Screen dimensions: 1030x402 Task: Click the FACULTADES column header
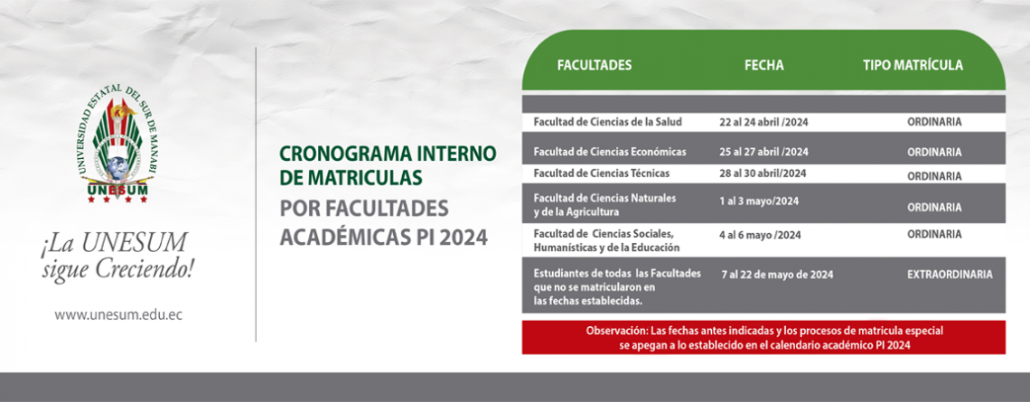pos(595,65)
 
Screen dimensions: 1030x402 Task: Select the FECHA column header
pos(764,65)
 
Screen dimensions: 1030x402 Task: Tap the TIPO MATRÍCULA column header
pos(913,65)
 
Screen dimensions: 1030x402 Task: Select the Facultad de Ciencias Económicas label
pos(610,152)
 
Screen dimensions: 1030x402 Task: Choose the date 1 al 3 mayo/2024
pos(759,201)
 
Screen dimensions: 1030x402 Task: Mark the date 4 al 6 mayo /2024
pos(761,235)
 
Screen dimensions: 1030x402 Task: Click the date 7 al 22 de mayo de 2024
pos(777,276)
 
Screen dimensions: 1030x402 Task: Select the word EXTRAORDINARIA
pos(950,276)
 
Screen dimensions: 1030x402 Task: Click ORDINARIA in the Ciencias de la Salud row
pos(935,122)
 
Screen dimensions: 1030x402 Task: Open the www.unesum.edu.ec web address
pos(118,314)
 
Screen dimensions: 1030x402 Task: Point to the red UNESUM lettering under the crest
pos(117,191)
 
